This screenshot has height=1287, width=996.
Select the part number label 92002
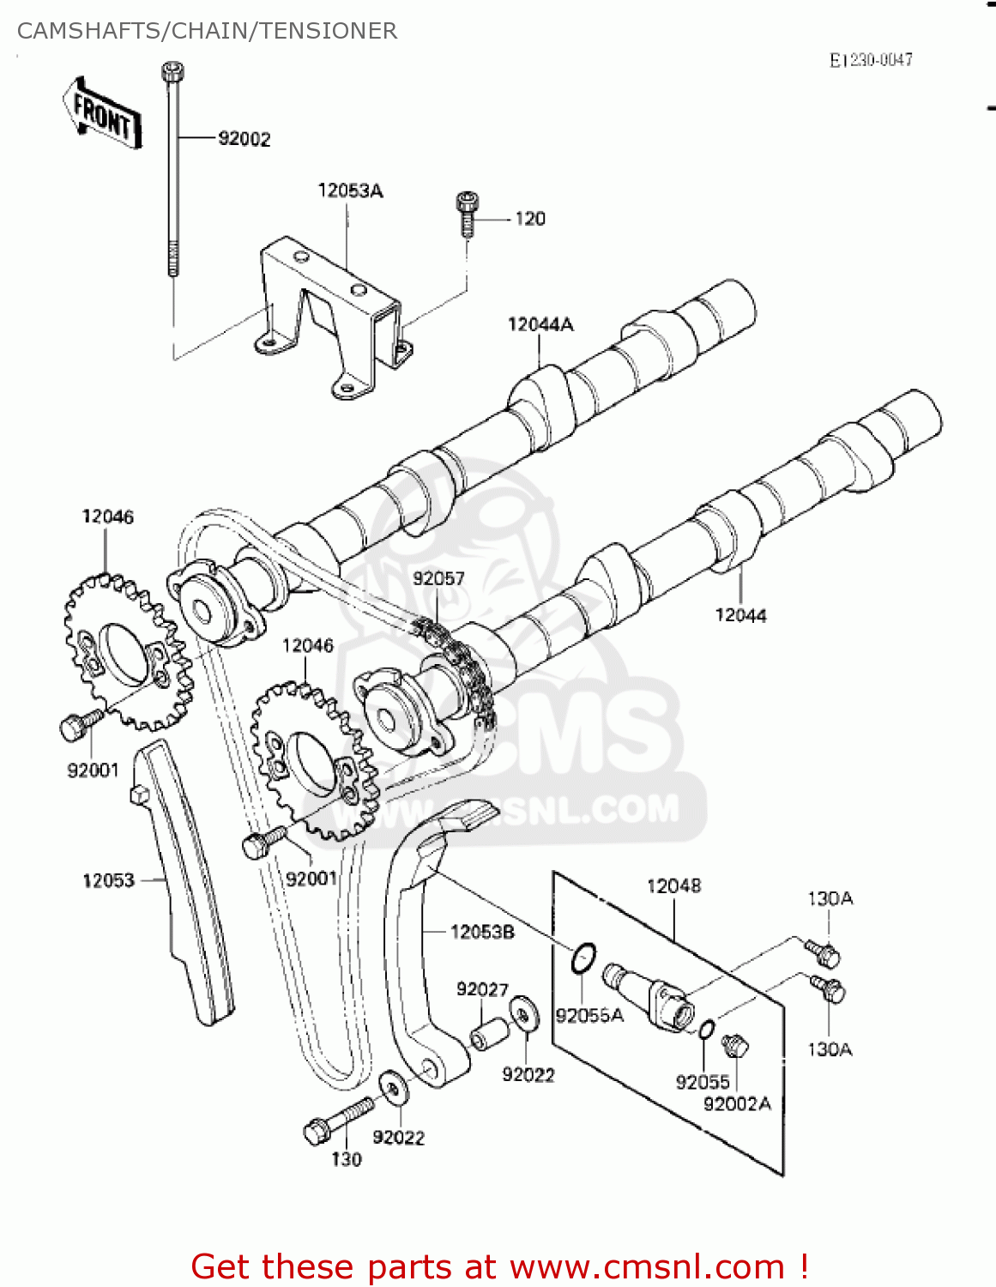click(244, 139)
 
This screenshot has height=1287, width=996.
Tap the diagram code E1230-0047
click(870, 60)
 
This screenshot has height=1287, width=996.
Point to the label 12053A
click(350, 190)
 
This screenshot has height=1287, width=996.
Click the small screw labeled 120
click(467, 214)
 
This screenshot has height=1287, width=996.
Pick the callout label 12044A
click(540, 324)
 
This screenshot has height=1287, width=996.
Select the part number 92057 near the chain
click(438, 578)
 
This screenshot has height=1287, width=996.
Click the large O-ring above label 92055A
click(583, 958)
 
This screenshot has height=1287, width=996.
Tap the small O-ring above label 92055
click(705, 1030)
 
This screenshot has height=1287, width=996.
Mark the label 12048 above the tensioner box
click(673, 885)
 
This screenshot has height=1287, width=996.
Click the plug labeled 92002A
click(735, 1046)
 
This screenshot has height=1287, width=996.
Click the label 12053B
click(482, 932)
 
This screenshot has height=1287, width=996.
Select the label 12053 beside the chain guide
click(108, 880)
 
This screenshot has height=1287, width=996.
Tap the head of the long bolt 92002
click(172, 72)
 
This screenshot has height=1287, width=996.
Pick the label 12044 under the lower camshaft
click(740, 615)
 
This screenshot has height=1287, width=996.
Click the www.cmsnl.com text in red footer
click(648, 1267)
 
